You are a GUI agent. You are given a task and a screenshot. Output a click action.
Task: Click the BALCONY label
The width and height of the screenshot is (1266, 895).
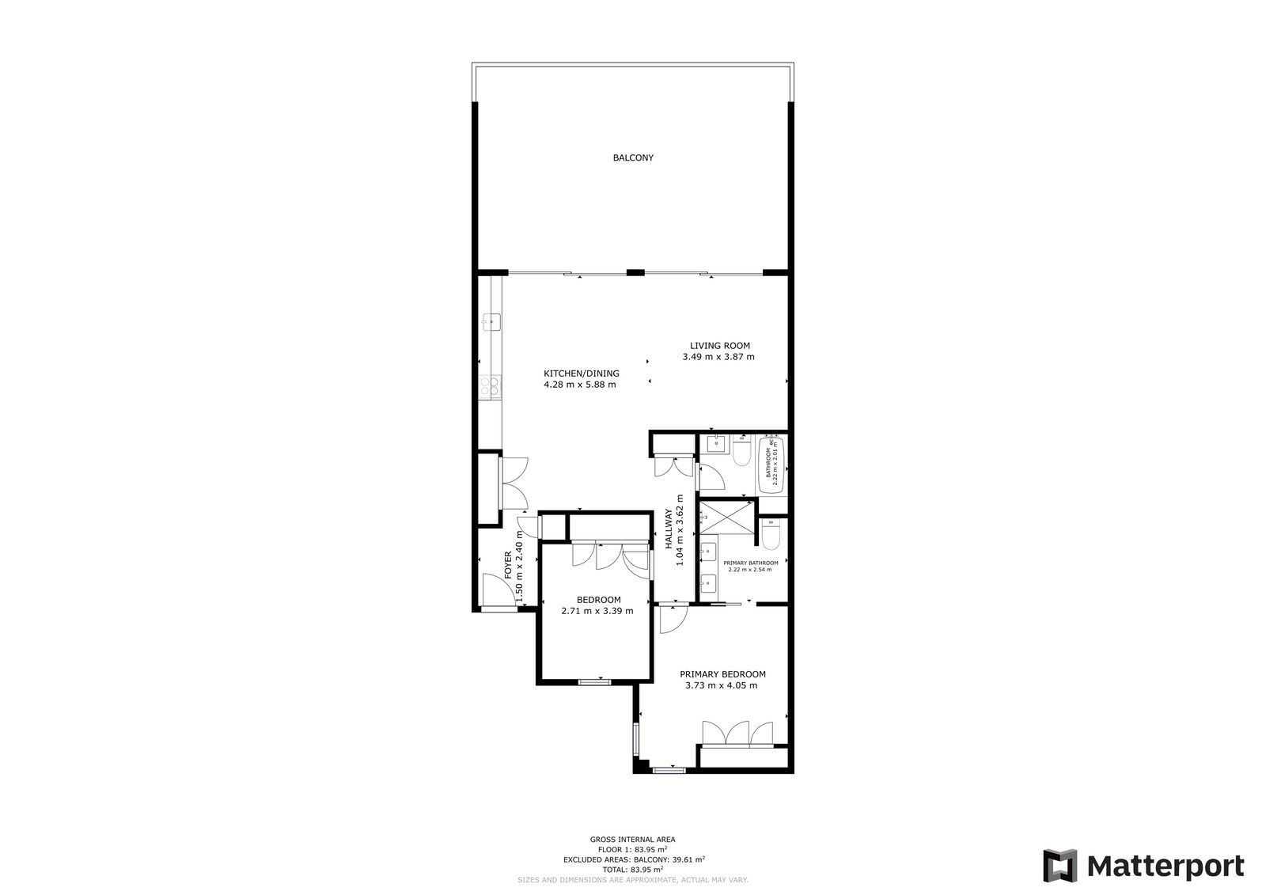click(x=633, y=157)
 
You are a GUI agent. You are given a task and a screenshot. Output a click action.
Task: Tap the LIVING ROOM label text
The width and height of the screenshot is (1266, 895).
click(x=719, y=346)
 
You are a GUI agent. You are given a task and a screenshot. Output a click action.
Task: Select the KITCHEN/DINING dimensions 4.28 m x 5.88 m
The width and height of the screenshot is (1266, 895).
click(x=579, y=385)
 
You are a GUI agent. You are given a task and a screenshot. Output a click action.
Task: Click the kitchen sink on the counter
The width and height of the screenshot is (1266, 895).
click(x=491, y=320)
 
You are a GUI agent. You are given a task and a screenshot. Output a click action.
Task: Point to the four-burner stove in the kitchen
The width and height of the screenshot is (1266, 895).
click(x=491, y=386)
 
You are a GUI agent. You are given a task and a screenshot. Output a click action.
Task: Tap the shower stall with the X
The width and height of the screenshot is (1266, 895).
click(x=725, y=518)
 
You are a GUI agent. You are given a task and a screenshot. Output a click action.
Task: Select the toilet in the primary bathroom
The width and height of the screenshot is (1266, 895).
click(x=771, y=534)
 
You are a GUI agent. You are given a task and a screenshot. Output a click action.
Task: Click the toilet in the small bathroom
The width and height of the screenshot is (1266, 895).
click(x=741, y=453)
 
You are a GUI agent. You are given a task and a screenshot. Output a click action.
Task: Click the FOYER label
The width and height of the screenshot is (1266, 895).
click(x=509, y=566)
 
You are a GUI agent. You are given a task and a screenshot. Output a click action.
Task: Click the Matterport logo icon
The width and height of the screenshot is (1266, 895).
click(x=1059, y=866)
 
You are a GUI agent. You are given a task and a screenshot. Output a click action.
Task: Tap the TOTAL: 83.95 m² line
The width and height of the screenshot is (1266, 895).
click(x=632, y=869)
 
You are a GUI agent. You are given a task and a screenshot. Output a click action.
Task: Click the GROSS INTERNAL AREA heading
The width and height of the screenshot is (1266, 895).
click(x=632, y=840)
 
